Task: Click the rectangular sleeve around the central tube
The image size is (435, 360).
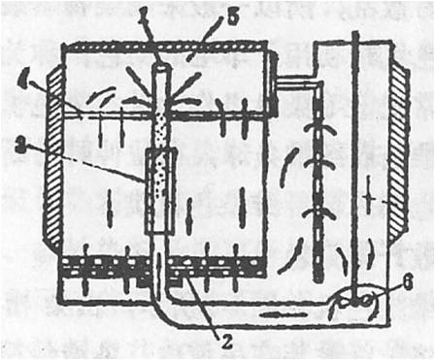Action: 159,190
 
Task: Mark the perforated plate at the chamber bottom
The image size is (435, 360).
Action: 160,264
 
